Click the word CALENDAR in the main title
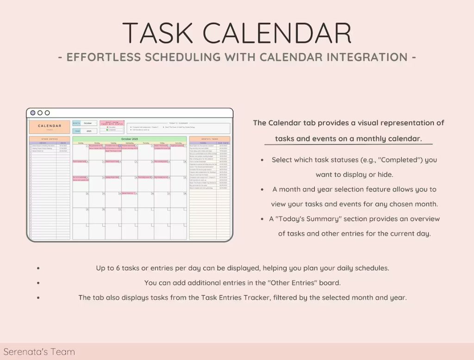(x=276, y=33)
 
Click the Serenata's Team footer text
(x=39, y=352)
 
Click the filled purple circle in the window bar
(x=33, y=113)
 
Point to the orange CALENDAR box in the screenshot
(x=50, y=126)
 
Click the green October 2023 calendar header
(x=129, y=138)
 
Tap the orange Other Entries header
(x=50, y=138)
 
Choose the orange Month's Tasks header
(x=209, y=138)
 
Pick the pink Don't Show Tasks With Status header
(x=112, y=123)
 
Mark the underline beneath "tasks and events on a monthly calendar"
(x=345, y=145)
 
